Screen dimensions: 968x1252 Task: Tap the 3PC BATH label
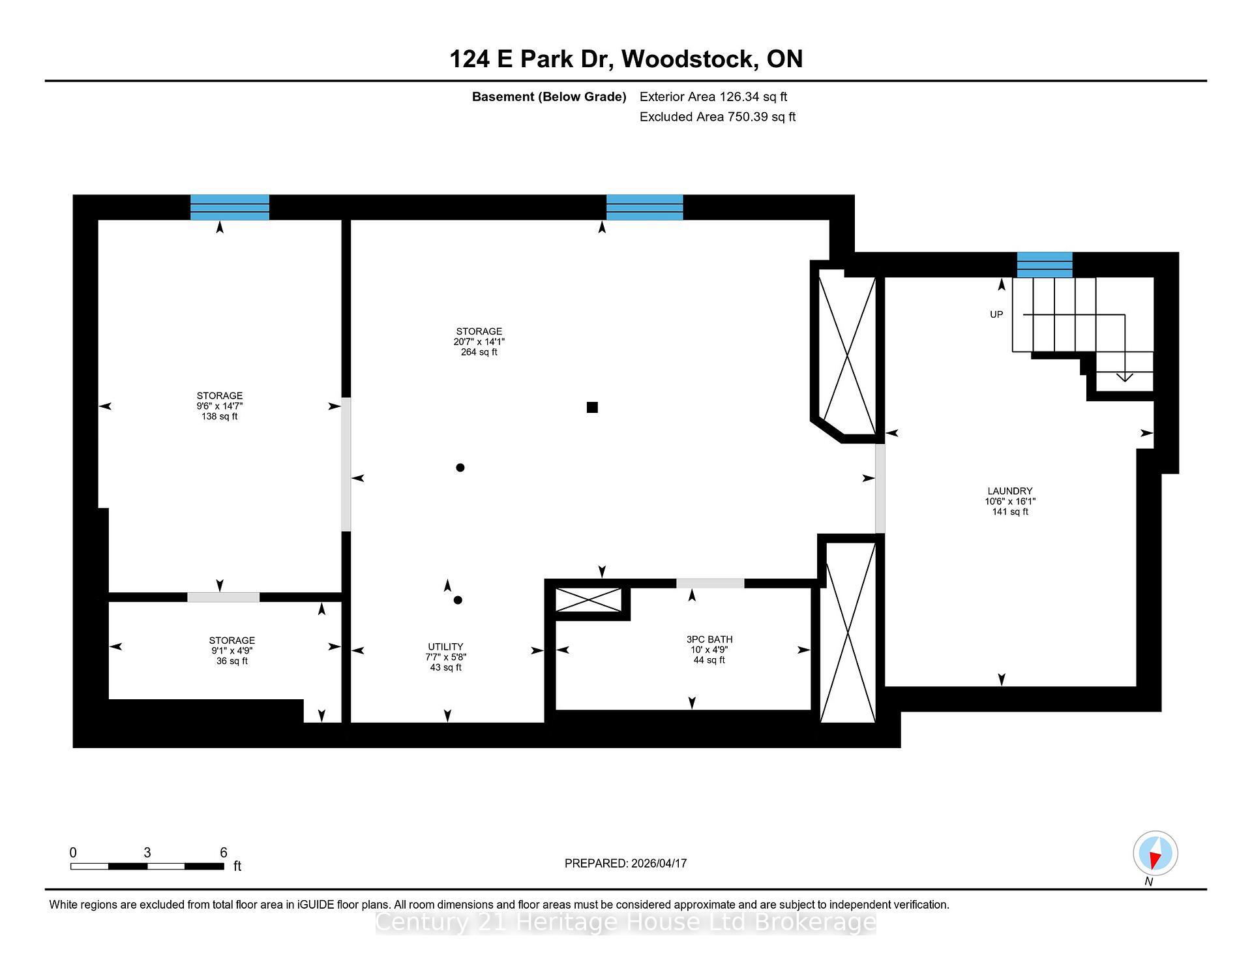tap(709, 640)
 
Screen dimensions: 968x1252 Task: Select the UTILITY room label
tap(445, 647)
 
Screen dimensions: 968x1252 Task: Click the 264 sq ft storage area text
tap(479, 352)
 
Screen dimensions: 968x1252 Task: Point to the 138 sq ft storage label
tap(220, 416)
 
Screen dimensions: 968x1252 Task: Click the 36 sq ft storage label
tap(231, 661)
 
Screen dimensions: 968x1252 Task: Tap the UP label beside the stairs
tap(996, 314)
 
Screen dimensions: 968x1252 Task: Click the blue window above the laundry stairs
tap(1045, 265)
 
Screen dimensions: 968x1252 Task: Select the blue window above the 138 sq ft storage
tap(230, 207)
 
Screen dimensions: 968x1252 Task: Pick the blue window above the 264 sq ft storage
tap(644, 207)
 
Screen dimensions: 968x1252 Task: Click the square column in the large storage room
tap(592, 408)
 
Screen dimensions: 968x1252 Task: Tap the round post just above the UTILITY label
tap(458, 600)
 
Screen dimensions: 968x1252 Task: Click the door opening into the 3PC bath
tap(710, 584)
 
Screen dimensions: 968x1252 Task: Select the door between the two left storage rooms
tap(224, 597)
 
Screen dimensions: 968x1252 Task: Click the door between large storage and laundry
tap(880, 489)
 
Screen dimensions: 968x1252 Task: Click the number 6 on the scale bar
tap(224, 853)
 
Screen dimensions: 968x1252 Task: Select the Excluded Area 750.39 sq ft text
tap(717, 117)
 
